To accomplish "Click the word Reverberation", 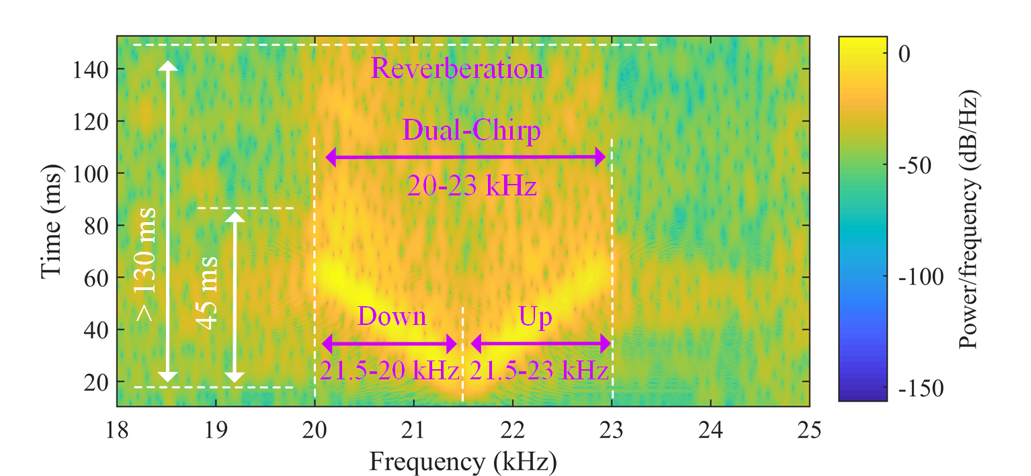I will [x=457, y=69].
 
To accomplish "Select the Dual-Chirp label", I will [x=472, y=131].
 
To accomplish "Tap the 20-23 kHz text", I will [x=472, y=185].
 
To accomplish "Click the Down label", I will [x=392, y=316].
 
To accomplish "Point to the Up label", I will [x=536, y=316].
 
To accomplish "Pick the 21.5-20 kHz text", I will [x=389, y=370].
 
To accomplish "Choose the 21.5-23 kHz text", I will [x=539, y=370].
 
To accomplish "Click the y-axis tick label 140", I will [x=91, y=69].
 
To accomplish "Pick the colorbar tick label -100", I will [x=919, y=277].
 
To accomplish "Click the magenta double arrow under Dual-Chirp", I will [x=465, y=158].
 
